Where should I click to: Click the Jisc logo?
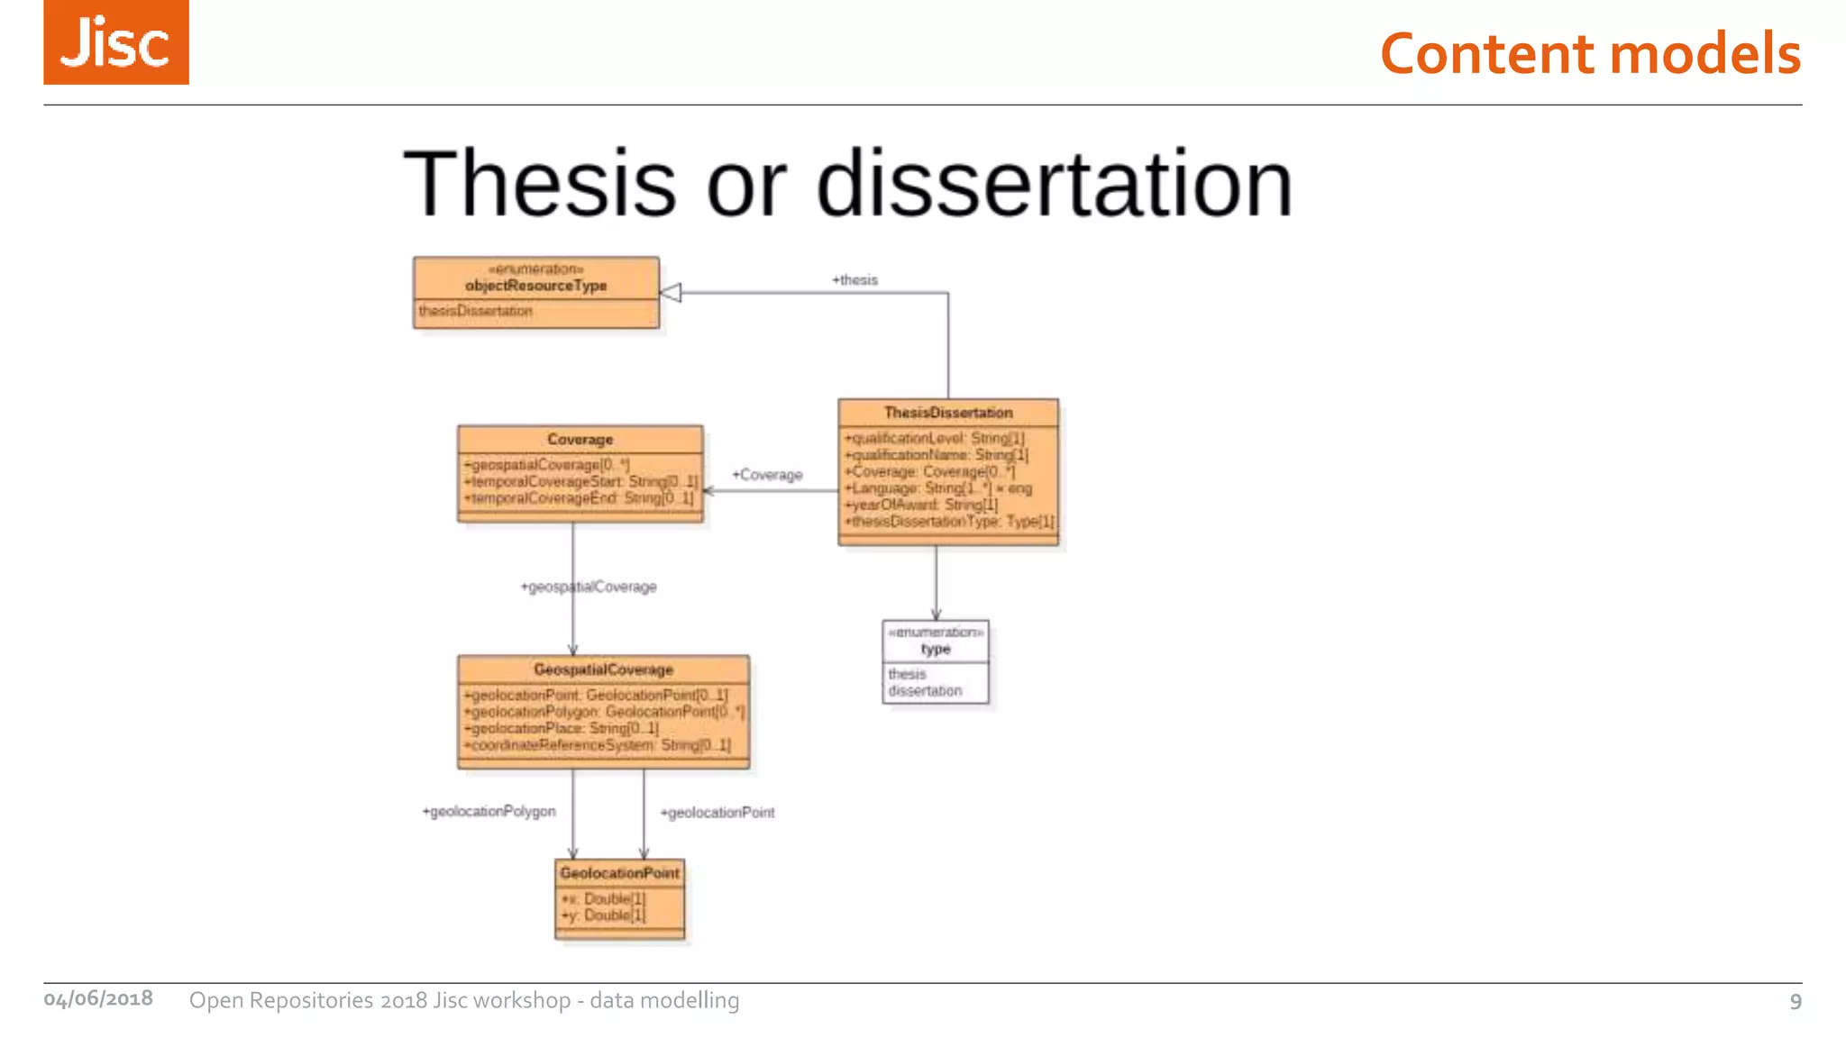[x=116, y=42]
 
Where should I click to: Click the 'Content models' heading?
[x=1590, y=53]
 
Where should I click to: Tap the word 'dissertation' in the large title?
[x=1054, y=184]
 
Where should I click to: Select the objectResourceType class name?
[x=535, y=286]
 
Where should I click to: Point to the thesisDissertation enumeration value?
[x=475, y=311]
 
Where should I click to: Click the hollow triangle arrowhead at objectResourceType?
[x=671, y=293]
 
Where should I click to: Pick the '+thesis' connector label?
[x=854, y=280]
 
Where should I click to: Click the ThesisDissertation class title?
[x=948, y=413]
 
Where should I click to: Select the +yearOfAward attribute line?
[x=921, y=505]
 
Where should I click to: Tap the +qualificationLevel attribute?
[x=934, y=439]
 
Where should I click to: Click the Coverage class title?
[x=580, y=440]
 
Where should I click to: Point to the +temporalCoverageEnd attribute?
[x=579, y=498]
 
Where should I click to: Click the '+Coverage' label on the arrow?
[x=767, y=475]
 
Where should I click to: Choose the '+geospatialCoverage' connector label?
[x=589, y=587]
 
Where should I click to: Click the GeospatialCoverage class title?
[x=603, y=669]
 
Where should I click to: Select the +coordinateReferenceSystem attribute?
[x=597, y=745]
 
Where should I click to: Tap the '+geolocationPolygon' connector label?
[x=489, y=812]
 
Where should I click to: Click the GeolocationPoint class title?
[x=619, y=873]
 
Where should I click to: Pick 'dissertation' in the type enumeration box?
[x=925, y=691]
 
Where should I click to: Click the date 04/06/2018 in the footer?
[x=98, y=999]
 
